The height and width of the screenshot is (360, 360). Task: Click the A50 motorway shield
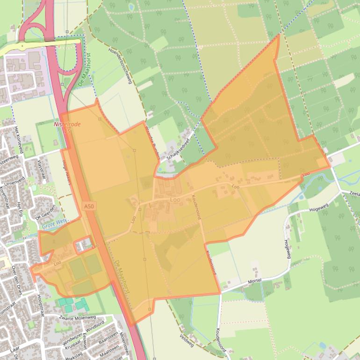[x=89, y=206]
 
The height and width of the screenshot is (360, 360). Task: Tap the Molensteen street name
[x=123, y=344]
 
